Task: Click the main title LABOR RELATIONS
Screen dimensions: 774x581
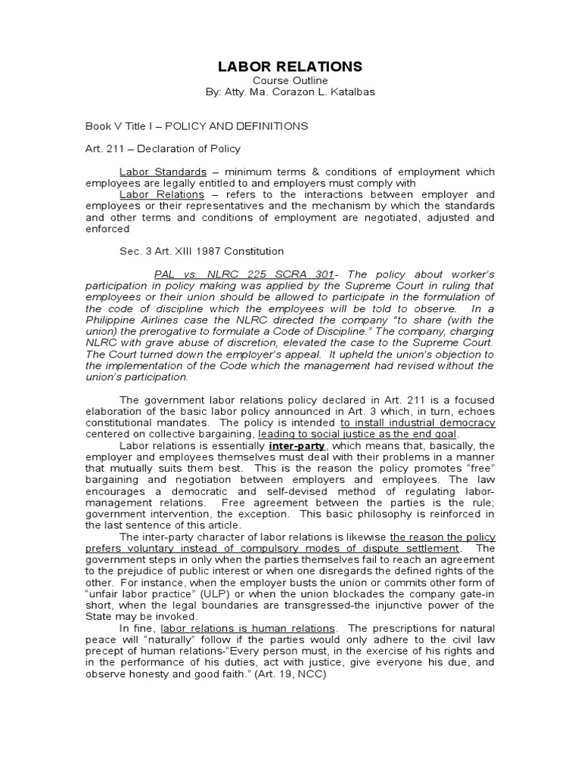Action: (x=290, y=67)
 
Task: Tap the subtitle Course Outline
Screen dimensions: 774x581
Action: (x=290, y=81)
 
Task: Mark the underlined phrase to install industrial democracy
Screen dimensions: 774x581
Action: (x=418, y=423)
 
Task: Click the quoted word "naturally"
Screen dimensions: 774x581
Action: (x=162, y=639)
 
